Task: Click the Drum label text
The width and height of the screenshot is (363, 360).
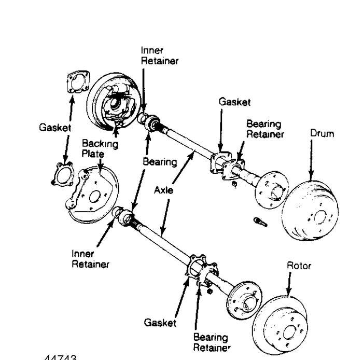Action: pos(322,134)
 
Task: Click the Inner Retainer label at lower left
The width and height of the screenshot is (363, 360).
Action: pos(91,259)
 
